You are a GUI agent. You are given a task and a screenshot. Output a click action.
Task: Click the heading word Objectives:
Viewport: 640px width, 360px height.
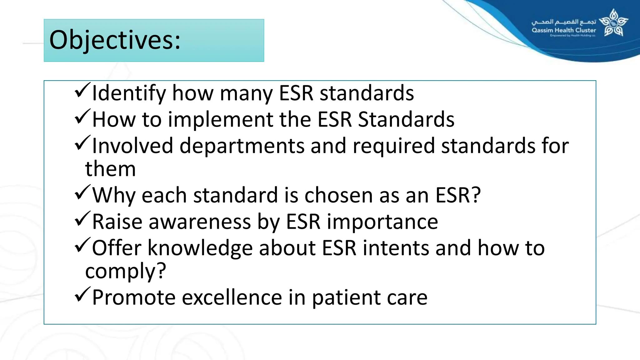point(115,40)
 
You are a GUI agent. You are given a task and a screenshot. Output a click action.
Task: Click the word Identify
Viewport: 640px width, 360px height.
point(128,93)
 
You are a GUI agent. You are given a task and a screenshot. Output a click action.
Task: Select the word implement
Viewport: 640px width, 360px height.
point(221,120)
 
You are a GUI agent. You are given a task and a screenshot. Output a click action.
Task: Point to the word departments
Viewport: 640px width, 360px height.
point(242,146)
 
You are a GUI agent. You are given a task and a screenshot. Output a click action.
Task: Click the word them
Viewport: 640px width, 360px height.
point(110,169)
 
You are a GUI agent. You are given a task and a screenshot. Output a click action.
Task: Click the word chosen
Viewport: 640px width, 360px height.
point(338,195)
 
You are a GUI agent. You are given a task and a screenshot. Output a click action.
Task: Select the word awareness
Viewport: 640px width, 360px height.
point(200,222)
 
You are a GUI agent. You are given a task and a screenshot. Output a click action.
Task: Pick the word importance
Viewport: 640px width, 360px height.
point(382,222)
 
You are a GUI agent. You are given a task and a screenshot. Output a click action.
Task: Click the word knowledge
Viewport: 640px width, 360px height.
point(200,248)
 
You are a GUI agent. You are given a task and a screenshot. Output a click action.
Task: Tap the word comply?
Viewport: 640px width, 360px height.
point(125,271)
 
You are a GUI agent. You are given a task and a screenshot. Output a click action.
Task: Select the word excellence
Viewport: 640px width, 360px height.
point(232,297)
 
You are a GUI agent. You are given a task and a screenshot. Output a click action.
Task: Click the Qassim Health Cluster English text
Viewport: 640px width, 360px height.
point(564,30)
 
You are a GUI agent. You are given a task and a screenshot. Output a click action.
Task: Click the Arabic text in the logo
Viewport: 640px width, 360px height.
point(564,22)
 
